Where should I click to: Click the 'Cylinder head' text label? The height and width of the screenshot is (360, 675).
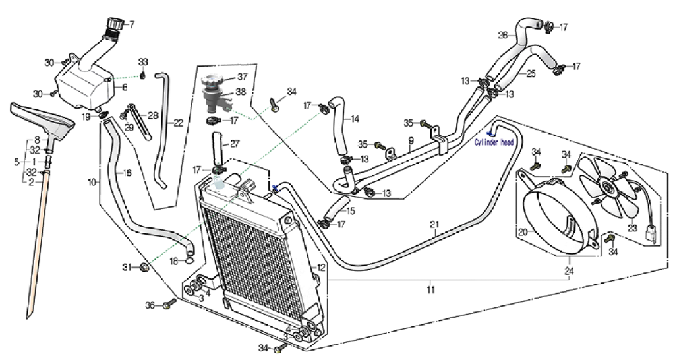point(498,142)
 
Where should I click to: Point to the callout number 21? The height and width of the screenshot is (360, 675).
point(434,225)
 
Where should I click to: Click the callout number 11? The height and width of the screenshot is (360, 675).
point(430,289)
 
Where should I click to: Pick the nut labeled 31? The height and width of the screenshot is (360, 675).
point(144,267)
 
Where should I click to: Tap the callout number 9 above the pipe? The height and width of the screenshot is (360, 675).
point(411,141)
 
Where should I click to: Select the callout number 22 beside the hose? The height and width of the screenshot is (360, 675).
point(179,123)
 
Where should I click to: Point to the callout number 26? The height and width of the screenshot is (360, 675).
point(502,36)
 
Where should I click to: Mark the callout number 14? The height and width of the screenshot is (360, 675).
point(355,119)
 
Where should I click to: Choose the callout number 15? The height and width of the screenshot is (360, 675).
point(351,211)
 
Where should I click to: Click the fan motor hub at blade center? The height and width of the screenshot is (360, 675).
point(606,190)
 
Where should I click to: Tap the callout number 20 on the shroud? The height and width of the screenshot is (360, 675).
point(523,232)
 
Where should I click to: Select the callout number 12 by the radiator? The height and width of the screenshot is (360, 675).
point(322,268)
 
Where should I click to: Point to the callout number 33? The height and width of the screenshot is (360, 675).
point(143,62)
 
